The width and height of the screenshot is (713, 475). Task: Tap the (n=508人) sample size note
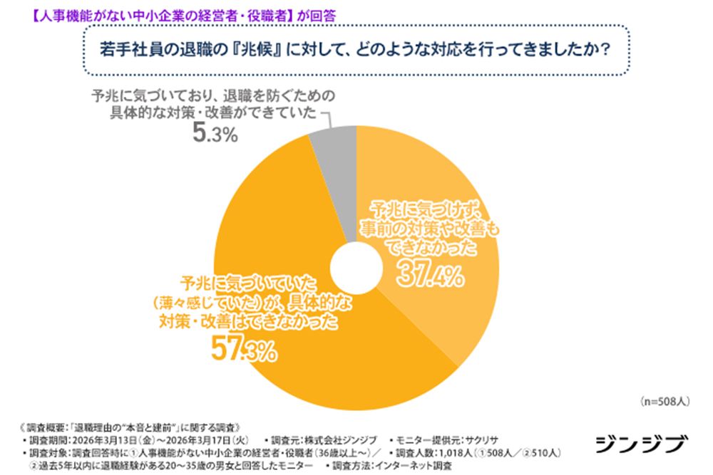tap(664, 402)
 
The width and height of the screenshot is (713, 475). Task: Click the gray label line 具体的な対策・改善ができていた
tap(207, 114)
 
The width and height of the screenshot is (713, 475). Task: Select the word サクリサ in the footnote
tap(484, 440)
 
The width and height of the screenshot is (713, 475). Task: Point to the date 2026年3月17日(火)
tap(206, 440)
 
